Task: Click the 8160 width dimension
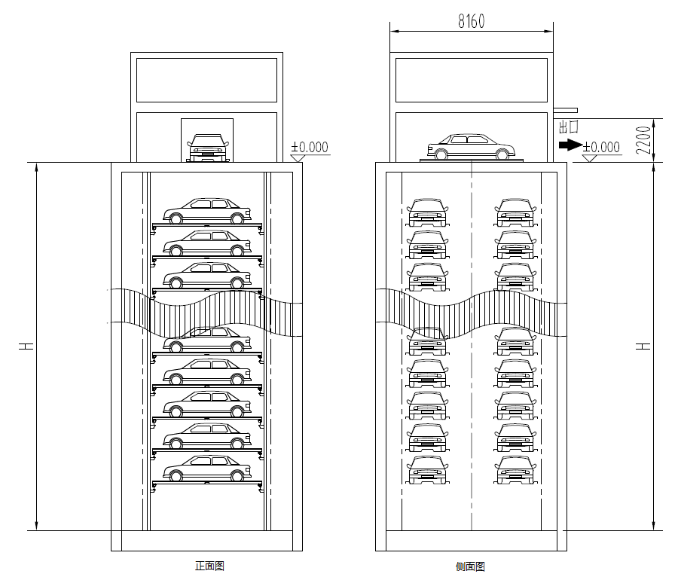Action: coord(472,21)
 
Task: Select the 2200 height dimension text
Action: coord(643,139)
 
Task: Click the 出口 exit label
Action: coord(568,126)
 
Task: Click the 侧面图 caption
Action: coord(470,566)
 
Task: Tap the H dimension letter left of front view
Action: coord(26,347)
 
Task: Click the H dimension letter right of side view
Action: coord(643,347)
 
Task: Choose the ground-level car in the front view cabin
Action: coord(207,148)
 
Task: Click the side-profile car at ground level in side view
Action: coord(472,147)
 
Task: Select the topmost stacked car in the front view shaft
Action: coord(207,212)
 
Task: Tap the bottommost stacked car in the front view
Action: coord(207,468)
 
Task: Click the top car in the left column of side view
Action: coord(428,212)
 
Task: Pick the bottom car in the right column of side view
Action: coord(515,469)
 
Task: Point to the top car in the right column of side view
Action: coord(515,212)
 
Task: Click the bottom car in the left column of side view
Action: coord(428,469)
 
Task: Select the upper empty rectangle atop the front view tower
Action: coord(206,80)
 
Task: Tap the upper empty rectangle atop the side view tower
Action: coord(472,80)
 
